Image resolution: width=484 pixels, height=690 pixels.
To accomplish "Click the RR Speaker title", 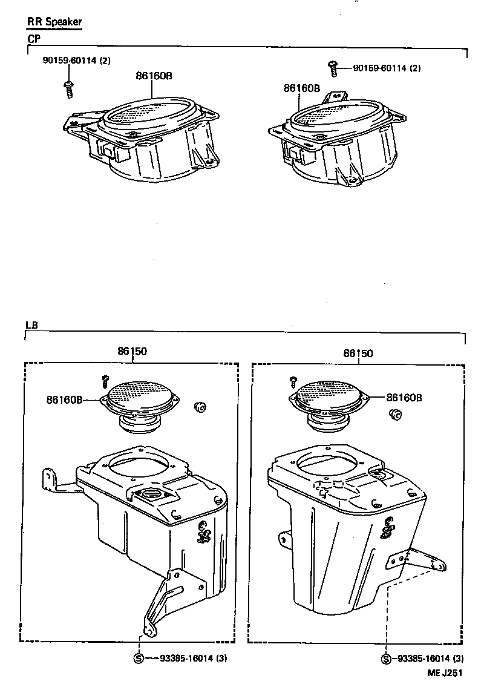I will [x=54, y=22].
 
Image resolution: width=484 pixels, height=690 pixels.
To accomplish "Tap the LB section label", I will [x=31, y=325].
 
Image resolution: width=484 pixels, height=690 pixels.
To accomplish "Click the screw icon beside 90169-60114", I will [x=332, y=68].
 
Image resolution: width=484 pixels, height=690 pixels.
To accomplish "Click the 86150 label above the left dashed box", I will [x=132, y=351].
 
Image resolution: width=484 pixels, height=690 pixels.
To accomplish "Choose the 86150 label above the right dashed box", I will [x=358, y=353].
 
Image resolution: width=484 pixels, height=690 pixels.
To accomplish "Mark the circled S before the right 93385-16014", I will [x=386, y=659].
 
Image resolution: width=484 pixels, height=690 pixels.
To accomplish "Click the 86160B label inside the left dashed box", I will [x=64, y=399].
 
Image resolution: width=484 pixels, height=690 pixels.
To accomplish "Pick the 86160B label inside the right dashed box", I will [x=404, y=398].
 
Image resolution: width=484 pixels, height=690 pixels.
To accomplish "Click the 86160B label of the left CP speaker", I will [x=153, y=76].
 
